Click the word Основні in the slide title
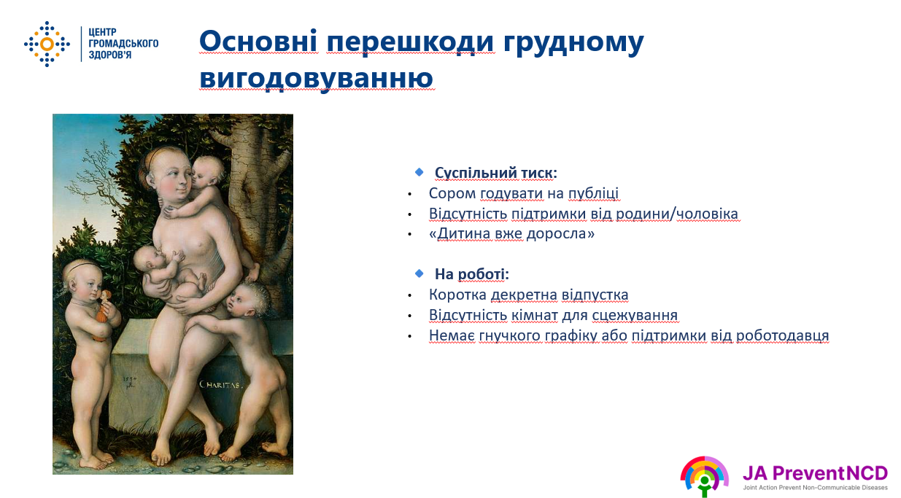(258, 41)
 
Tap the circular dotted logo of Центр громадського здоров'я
(47, 44)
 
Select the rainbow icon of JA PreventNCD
(704, 476)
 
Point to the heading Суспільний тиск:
(495, 173)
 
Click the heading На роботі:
(472, 274)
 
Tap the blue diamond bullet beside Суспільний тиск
(419, 172)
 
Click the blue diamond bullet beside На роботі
(419, 273)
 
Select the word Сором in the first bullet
(452, 193)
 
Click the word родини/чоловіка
(677, 214)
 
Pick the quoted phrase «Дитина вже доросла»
(511, 233)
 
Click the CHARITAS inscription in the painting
(221, 385)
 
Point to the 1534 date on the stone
(130, 378)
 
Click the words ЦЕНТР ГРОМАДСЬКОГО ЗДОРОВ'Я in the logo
(123, 44)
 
